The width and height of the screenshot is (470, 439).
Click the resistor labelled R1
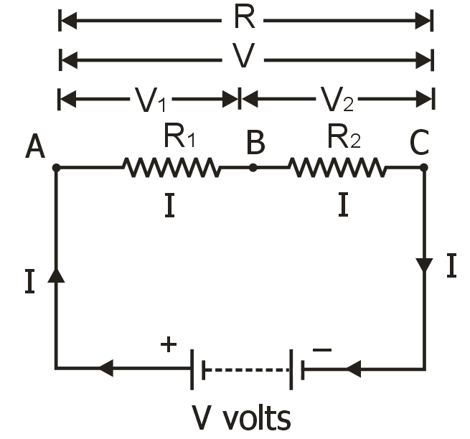(171, 168)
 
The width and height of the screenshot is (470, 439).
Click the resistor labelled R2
(337, 168)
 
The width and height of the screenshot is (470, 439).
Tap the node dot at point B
(253, 168)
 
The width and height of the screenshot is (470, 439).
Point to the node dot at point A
(57, 168)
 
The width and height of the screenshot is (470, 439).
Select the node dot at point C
(424, 168)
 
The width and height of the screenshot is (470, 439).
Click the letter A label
(35, 146)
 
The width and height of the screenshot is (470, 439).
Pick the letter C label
(419, 144)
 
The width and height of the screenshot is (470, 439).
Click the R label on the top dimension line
(244, 19)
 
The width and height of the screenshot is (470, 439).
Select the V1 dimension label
(150, 101)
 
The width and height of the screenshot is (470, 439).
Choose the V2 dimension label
(337, 101)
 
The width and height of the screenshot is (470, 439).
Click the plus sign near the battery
(168, 345)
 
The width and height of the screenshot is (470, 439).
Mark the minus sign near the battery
(323, 349)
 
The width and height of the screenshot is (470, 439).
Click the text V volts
(241, 415)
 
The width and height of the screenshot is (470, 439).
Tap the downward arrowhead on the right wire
(424, 265)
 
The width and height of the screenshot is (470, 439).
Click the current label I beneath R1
(169, 207)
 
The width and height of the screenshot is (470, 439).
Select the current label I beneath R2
(344, 207)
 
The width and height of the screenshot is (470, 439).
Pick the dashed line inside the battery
(246, 370)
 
